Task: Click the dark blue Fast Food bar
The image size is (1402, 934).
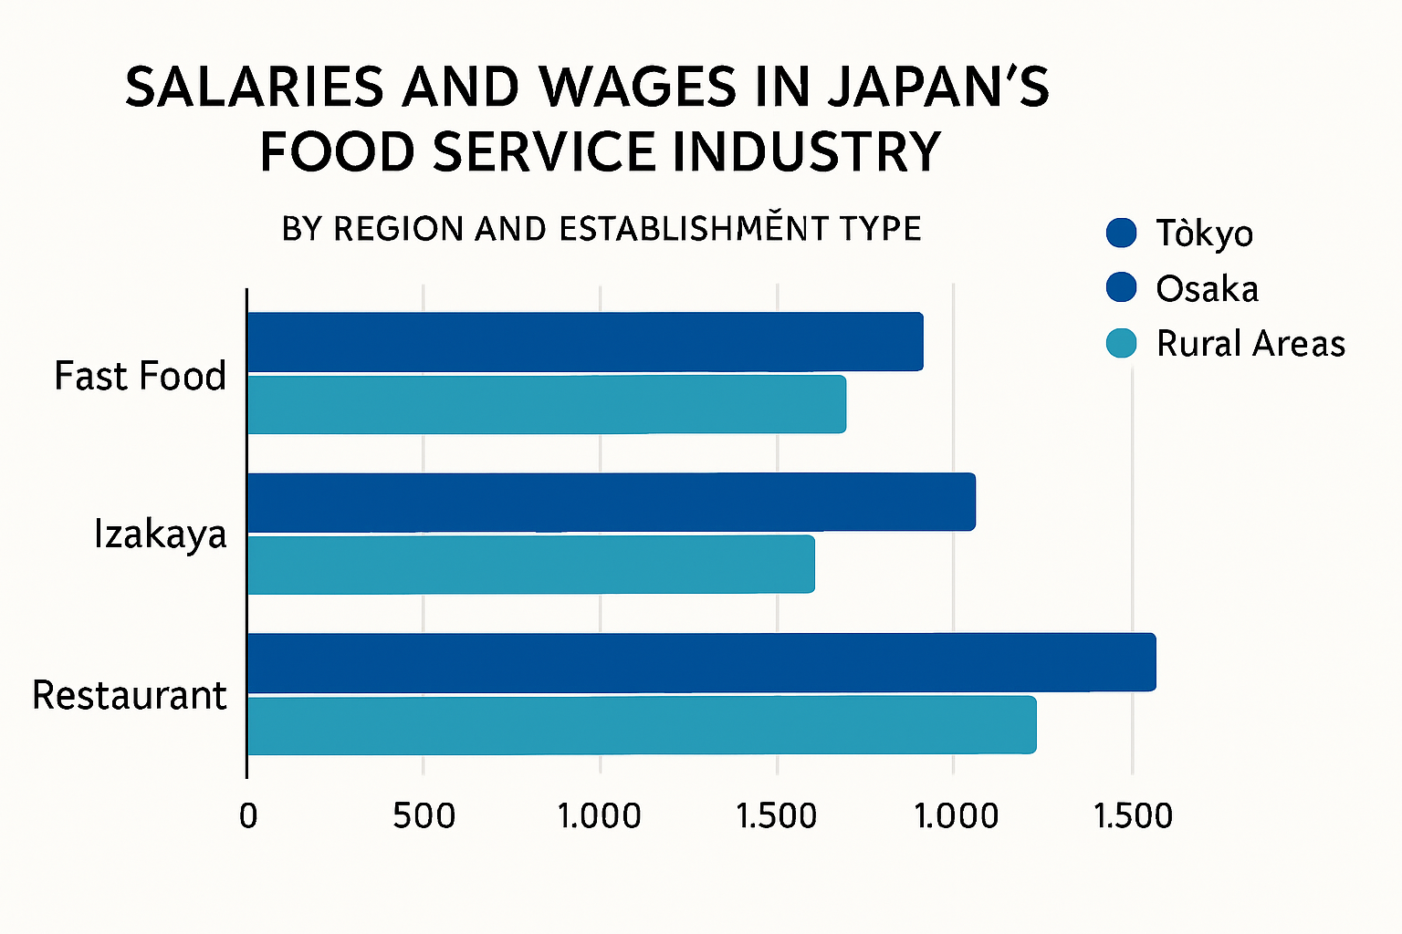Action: pyautogui.click(x=584, y=342)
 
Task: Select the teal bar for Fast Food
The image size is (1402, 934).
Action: pyautogui.click(x=546, y=404)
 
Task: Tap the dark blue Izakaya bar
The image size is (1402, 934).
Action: pyautogui.click(x=611, y=502)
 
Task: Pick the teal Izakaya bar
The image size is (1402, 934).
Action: pyautogui.click(x=530, y=565)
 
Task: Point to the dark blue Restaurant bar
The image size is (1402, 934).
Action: pyautogui.click(x=701, y=662)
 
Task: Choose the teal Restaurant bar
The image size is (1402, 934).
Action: pyautogui.click(x=642, y=726)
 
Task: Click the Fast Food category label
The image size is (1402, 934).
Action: pyautogui.click(x=140, y=376)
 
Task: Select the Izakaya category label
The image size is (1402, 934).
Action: pyautogui.click(x=160, y=534)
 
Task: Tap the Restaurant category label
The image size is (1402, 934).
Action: pyautogui.click(x=129, y=695)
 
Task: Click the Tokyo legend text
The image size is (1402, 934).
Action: pyautogui.click(x=1204, y=233)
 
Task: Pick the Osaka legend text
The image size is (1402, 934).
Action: pyautogui.click(x=1207, y=289)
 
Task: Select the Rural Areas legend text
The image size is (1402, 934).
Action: pyautogui.click(x=1250, y=344)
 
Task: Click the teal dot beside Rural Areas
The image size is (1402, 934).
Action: pyautogui.click(x=1121, y=343)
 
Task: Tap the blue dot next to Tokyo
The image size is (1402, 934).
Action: pyautogui.click(x=1121, y=233)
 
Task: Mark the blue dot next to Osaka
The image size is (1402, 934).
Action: pyautogui.click(x=1121, y=287)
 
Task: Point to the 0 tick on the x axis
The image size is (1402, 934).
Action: pyautogui.click(x=247, y=815)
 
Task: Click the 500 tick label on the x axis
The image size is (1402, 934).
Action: pyautogui.click(x=424, y=815)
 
